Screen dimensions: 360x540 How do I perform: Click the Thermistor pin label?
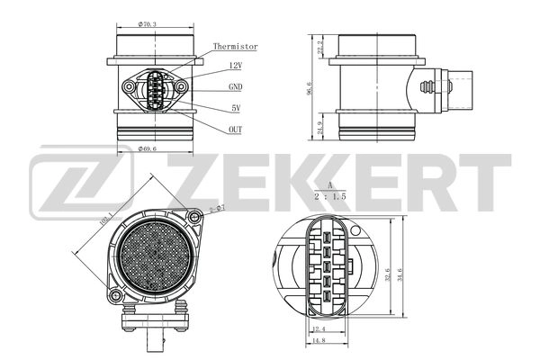tap(236, 46)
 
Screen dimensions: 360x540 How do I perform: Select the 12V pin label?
tap(236, 66)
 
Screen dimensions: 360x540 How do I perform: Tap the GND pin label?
tap(236, 87)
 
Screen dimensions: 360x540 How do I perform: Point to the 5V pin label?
tap(235, 108)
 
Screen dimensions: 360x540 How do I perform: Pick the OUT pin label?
tap(236, 130)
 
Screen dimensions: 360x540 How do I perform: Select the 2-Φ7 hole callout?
tap(216, 209)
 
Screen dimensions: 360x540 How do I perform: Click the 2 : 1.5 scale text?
tap(330, 193)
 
